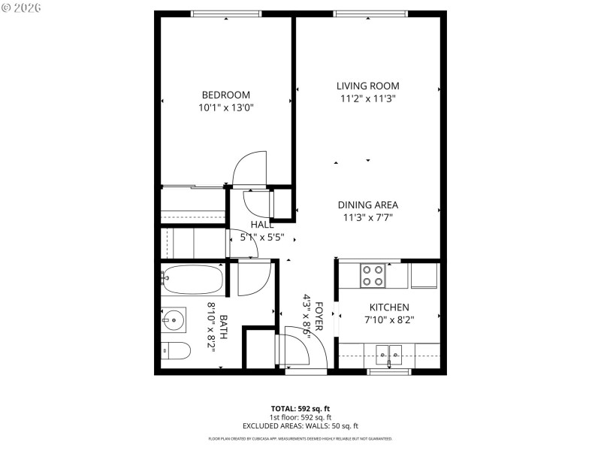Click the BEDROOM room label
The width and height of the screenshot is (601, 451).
(225, 95)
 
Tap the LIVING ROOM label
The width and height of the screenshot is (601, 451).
(367, 86)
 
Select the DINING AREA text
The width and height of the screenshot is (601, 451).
(367, 204)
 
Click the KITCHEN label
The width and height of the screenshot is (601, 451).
(388, 307)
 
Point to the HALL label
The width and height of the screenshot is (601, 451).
(261, 224)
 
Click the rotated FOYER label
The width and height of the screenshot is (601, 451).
(319, 316)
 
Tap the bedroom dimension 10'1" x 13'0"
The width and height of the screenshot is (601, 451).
(225, 107)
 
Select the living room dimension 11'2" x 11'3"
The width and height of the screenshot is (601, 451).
(367, 98)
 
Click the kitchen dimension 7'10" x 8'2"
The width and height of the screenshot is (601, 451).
(388, 319)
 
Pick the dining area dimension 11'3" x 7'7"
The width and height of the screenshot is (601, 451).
(367, 217)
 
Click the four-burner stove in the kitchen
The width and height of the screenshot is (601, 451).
(373, 275)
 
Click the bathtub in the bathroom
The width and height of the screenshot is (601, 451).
(192, 281)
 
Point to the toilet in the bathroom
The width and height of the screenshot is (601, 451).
(175, 350)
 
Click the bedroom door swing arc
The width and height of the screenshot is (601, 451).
(250, 168)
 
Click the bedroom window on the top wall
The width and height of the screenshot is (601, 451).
(226, 14)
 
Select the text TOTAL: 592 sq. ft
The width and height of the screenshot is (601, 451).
(300, 409)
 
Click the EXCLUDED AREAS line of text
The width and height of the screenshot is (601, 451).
(300, 426)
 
